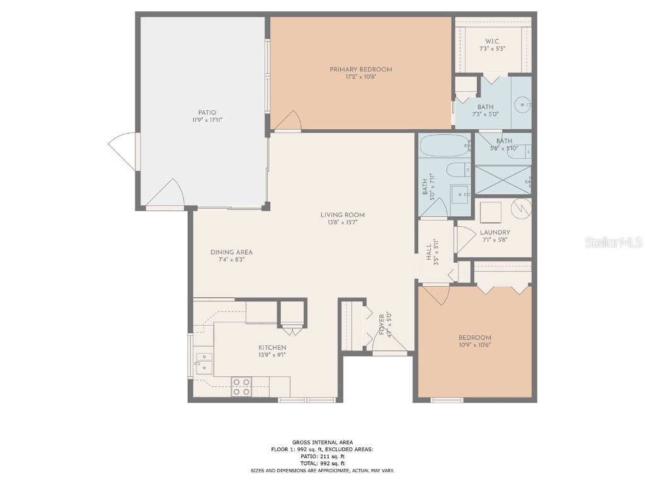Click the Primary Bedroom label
click(x=361, y=69)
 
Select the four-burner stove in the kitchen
click(x=241, y=386)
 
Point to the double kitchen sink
click(x=203, y=364)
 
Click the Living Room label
click(x=342, y=215)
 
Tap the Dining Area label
click(x=231, y=252)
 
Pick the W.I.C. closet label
click(x=492, y=42)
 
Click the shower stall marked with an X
click(x=502, y=180)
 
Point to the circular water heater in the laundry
click(x=521, y=208)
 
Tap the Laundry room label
click(x=494, y=233)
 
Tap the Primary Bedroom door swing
click(x=290, y=121)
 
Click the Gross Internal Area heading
click(x=322, y=442)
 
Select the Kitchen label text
click(x=272, y=348)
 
